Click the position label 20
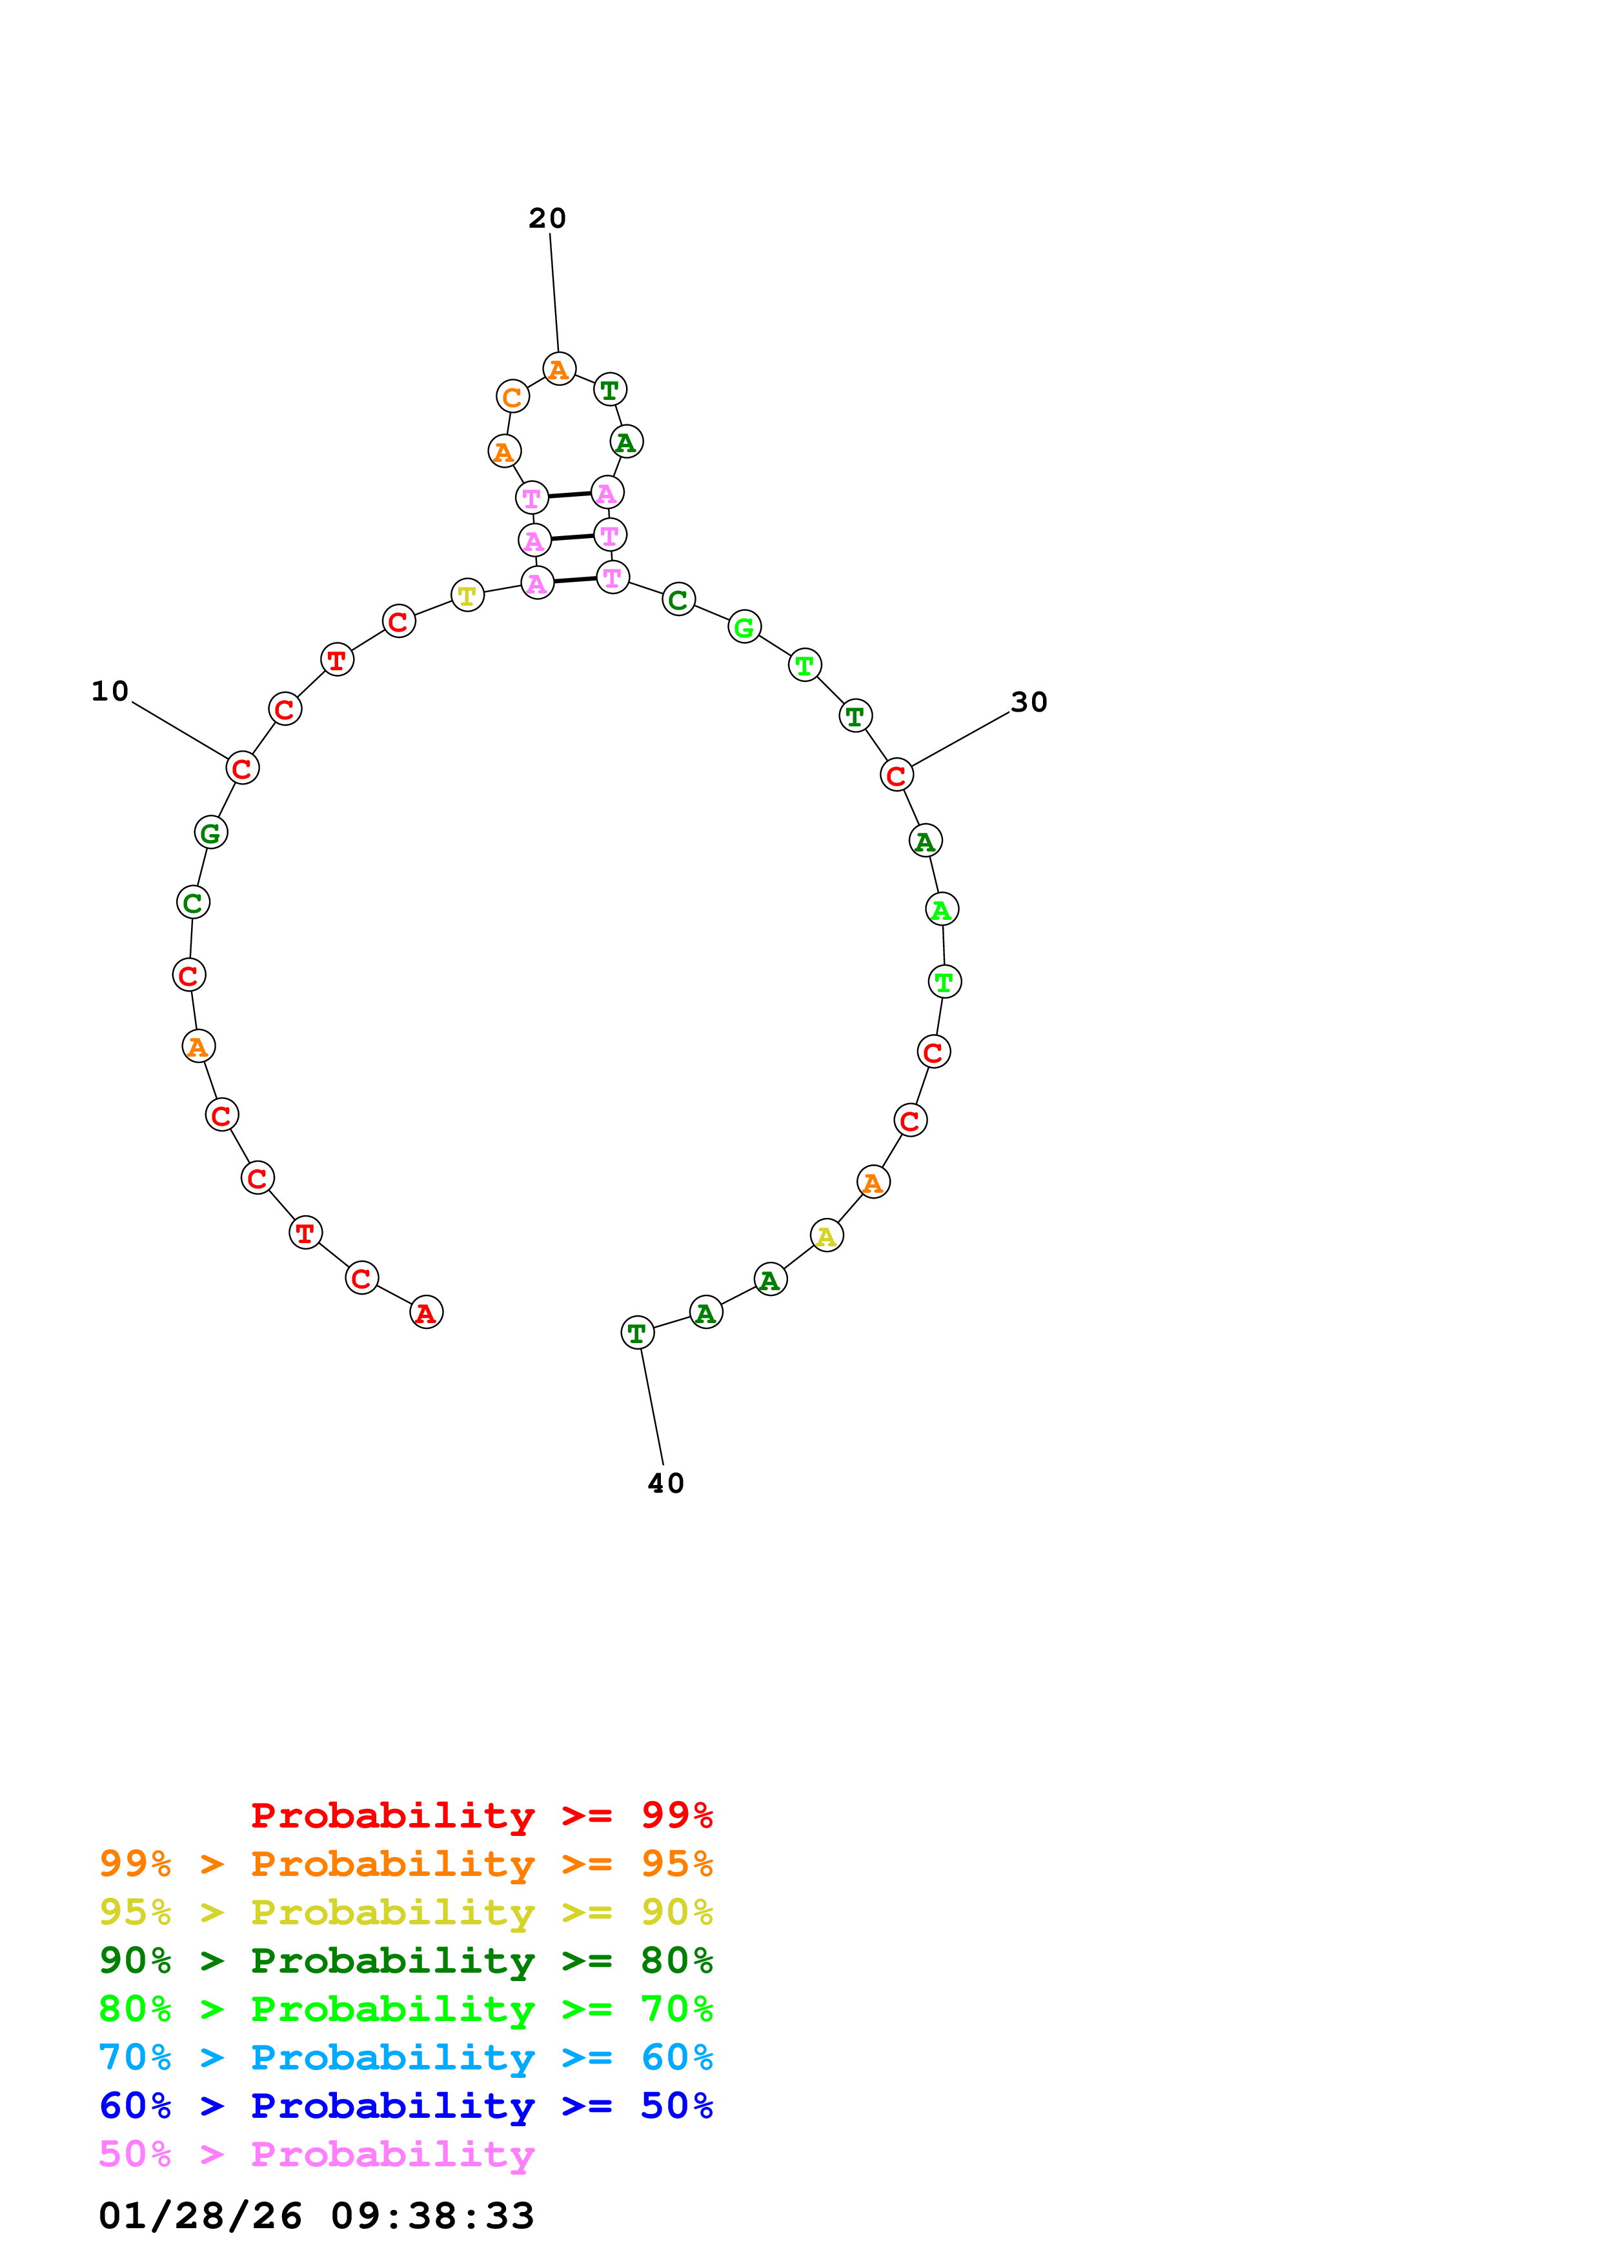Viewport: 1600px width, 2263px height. pyautogui.click(x=547, y=218)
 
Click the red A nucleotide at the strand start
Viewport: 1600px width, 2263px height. pyautogui.click(x=426, y=1312)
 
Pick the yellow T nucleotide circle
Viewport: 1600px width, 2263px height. pyautogui.click(x=467, y=595)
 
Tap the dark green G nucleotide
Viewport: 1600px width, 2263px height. pyautogui.click(x=211, y=833)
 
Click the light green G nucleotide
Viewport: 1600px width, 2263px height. pyautogui.click(x=744, y=627)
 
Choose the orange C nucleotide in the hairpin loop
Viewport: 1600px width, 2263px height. pyautogui.click(x=512, y=397)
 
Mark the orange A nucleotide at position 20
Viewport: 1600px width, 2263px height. pyautogui.click(x=559, y=370)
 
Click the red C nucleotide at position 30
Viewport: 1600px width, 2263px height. pyautogui.click(x=896, y=775)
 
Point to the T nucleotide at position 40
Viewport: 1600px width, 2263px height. pyautogui.click(x=638, y=1333)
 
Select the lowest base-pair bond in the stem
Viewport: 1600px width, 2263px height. pyautogui.click(x=574, y=579)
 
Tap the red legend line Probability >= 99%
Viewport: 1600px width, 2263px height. pyautogui.click(x=481, y=1815)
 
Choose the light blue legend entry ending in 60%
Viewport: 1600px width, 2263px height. pyautogui.click(x=406, y=2057)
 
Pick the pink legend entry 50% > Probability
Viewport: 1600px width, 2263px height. pyautogui.click(x=316, y=2153)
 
